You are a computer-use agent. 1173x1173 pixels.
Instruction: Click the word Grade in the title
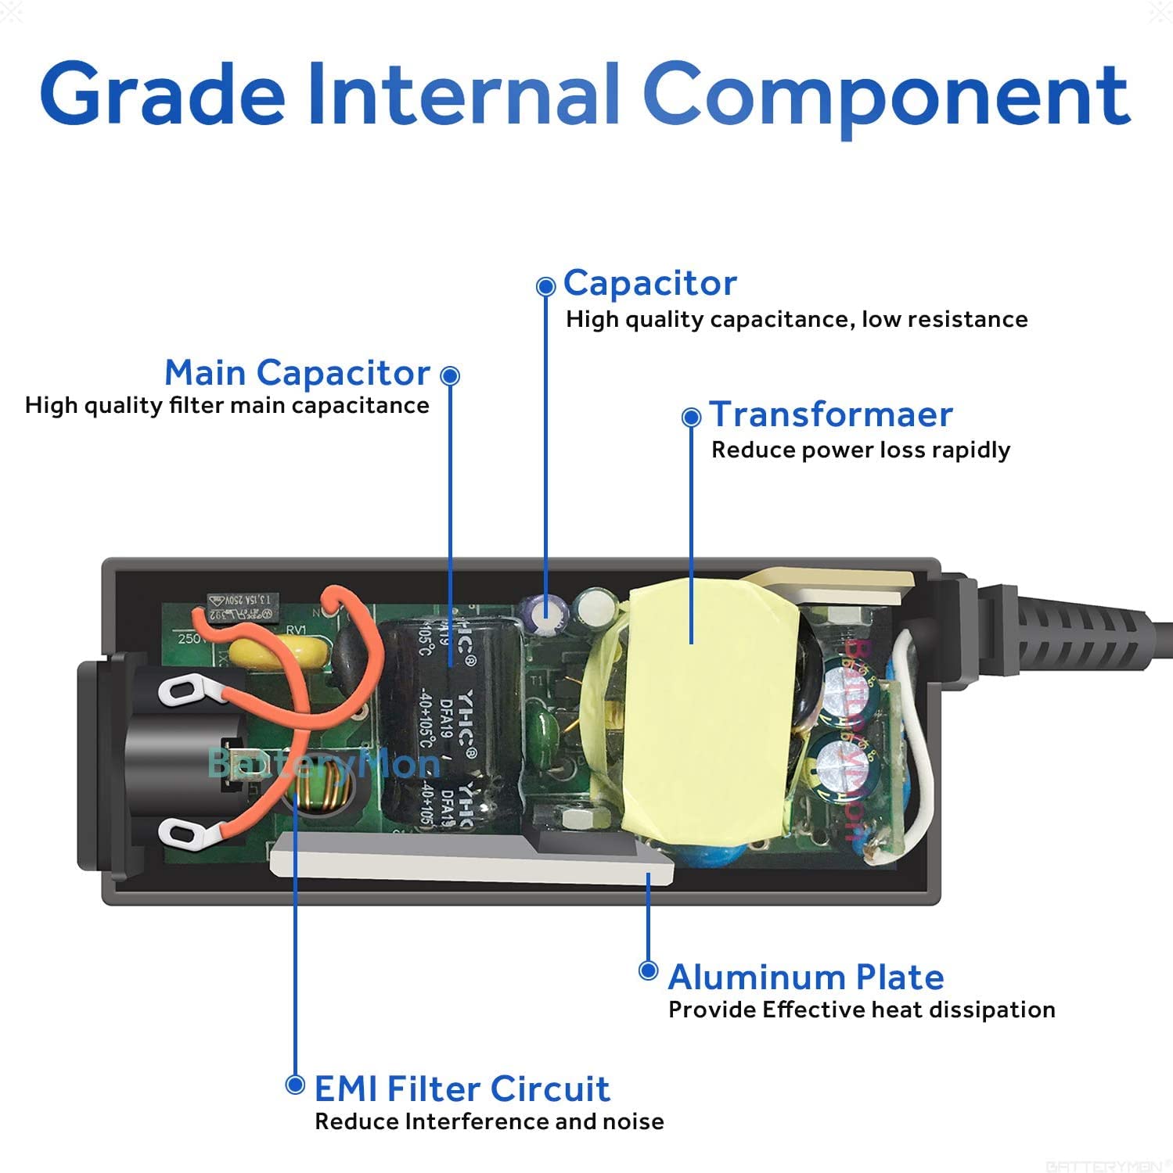tap(162, 95)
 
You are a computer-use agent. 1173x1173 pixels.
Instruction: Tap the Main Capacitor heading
tap(297, 373)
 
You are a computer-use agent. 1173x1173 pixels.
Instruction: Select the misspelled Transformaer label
tap(831, 414)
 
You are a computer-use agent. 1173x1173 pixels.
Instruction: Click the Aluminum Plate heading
tap(806, 977)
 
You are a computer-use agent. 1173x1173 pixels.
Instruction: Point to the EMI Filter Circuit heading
tap(462, 1089)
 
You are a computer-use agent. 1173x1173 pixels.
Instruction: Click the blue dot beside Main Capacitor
tap(450, 375)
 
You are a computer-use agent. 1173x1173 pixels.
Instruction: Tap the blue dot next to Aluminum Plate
tap(648, 970)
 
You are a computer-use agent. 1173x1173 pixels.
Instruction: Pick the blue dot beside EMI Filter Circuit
tap(295, 1085)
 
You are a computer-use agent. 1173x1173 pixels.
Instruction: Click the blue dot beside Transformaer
tap(691, 417)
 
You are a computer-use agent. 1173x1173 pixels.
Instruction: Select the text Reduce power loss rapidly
tap(861, 450)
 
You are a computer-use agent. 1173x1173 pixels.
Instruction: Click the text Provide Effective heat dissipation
tap(862, 1010)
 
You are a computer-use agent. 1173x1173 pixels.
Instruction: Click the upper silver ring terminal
tap(182, 690)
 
